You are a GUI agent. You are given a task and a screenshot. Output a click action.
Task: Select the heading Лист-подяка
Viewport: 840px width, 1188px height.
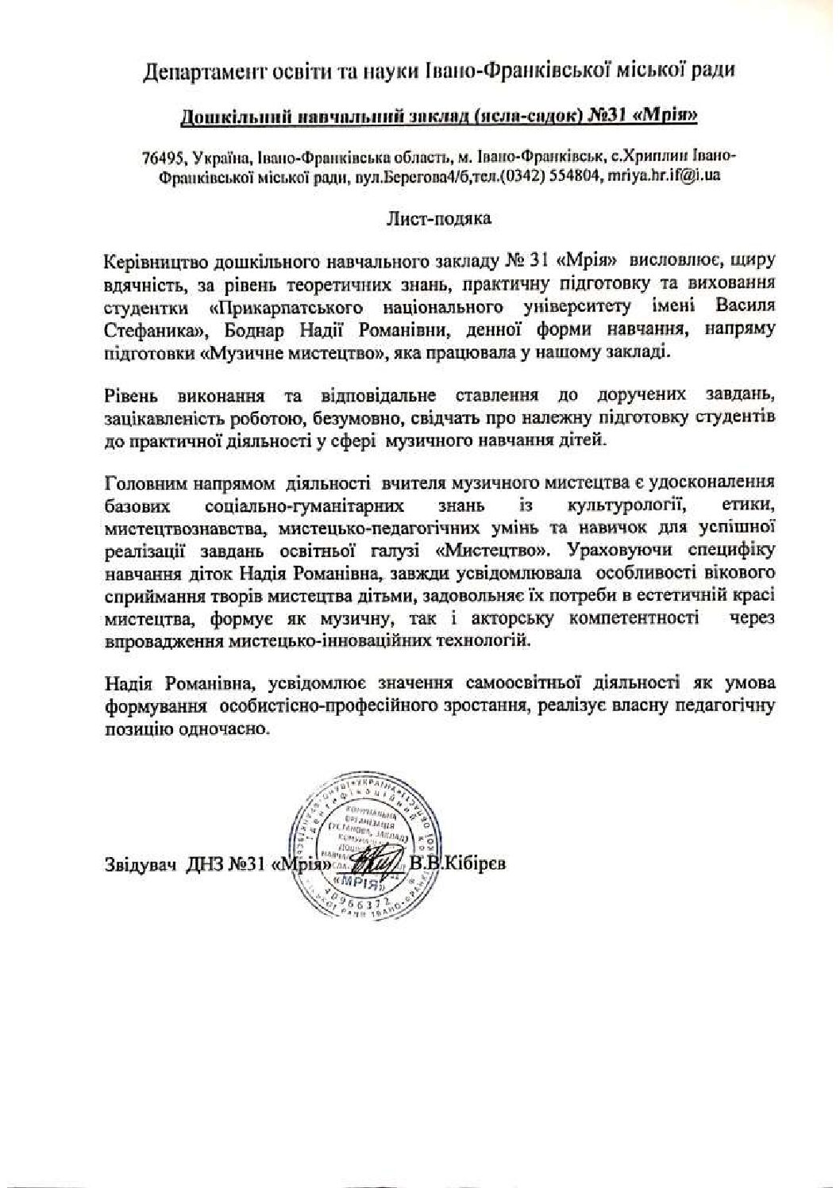tap(439, 217)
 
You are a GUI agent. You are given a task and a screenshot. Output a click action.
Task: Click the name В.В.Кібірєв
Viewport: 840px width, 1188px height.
tap(457, 863)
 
